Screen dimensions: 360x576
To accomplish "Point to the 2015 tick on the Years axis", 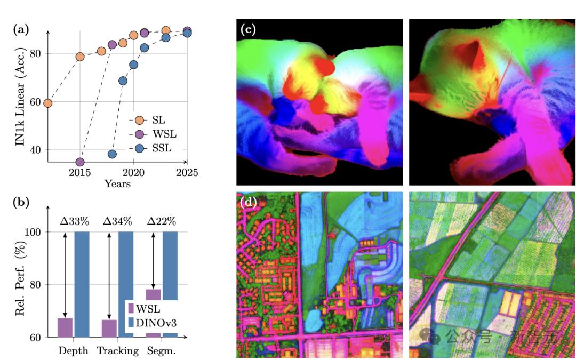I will click(80, 172).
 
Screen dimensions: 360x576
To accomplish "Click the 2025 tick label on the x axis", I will click(187, 172).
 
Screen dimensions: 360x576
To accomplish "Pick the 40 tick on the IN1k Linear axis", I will click(36, 150).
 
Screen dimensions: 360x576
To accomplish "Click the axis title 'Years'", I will click(117, 184).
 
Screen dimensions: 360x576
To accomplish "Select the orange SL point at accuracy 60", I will click(47, 103).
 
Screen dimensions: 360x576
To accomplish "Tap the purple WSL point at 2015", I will click(80, 162).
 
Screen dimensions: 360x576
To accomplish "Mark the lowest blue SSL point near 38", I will click(112, 154).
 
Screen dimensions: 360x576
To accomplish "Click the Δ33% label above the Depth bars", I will click(73, 221).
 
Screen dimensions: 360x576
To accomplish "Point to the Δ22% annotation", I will click(161, 221).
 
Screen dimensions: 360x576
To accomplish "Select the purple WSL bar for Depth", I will click(65, 327).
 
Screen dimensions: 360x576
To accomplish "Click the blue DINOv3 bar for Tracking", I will click(125, 283).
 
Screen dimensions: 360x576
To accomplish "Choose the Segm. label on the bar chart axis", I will click(161, 351).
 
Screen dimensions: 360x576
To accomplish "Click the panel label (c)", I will click(249, 29).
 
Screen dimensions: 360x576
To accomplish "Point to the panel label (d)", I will click(249, 202).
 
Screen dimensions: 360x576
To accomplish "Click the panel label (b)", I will click(21, 203).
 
